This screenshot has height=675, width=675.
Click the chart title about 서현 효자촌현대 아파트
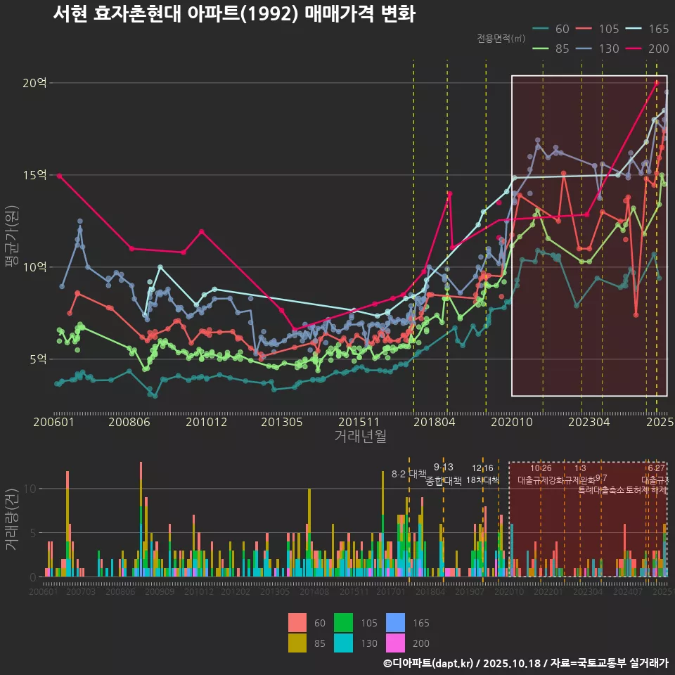pyautogui.click(x=234, y=14)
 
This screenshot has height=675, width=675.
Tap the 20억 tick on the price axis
pyautogui.click(x=34, y=83)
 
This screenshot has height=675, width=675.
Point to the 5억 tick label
pyautogui.click(x=37, y=359)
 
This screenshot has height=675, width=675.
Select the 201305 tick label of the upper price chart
pyautogui.click(x=281, y=423)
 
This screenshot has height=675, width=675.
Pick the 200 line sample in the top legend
pyautogui.click(x=638, y=49)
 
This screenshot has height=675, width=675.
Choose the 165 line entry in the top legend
pyautogui.click(x=638, y=29)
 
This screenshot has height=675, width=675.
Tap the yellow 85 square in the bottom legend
pyautogui.click(x=298, y=643)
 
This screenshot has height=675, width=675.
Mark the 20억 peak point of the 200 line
pyautogui.click(x=657, y=82)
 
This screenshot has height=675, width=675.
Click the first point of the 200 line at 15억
pyautogui.click(x=60, y=175)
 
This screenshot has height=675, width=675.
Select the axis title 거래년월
pyautogui.click(x=360, y=437)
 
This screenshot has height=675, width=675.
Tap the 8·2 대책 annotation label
pyautogui.click(x=409, y=473)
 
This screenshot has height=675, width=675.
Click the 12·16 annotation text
pyautogui.click(x=482, y=468)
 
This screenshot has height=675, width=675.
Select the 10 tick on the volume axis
pyautogui.click(x=32, y=488)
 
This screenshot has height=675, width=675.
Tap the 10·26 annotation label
pyautogui.click(x=541, y=468)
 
